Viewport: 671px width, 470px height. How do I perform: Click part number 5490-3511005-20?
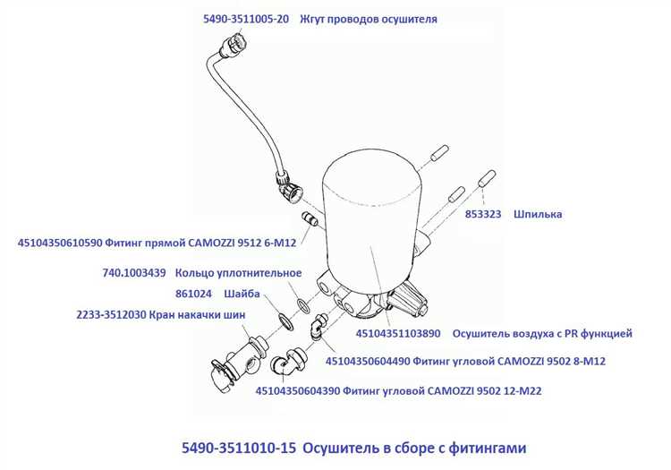(246, 19)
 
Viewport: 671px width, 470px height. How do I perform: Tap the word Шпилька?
(538, 214)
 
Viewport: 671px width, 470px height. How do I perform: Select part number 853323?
(483, 214)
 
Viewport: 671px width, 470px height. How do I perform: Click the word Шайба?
(242, 294)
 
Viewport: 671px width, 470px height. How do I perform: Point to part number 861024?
(193, 294)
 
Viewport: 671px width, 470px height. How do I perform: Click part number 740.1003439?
(134, 273)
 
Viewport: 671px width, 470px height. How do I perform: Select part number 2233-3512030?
(111, 315)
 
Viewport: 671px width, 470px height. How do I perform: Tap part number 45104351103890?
(398, 333)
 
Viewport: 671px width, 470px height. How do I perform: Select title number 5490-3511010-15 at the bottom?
(239, 448)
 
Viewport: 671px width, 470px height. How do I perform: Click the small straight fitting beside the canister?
(310, 218)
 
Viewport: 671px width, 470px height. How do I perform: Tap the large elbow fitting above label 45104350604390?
(287, 362)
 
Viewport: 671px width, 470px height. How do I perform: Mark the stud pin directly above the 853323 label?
(487, 178)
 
